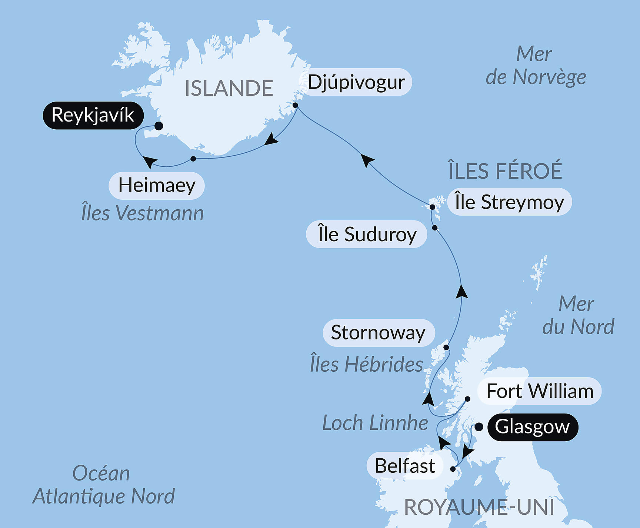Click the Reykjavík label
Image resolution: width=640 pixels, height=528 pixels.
[x=93, y=115]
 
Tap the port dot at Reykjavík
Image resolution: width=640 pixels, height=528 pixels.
[x=159, y=126]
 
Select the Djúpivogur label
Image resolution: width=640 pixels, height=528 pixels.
[x=356, y=82]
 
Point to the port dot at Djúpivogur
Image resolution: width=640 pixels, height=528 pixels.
[x=295, y=105]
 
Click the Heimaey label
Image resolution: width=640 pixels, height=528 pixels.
[x=157, y=185]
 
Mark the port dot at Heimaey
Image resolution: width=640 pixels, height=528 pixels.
[x=193, y=159]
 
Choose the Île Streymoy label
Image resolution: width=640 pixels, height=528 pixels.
[x=509, y=202]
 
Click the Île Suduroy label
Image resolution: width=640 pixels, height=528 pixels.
[x=367, y=234]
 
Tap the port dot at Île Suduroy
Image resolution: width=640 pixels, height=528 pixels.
[x=435, y=228]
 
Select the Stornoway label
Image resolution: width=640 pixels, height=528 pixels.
[x=378, y=333]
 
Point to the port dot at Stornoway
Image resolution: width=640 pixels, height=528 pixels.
[x=446, y=348]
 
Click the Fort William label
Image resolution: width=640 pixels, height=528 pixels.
[x=540, y=391]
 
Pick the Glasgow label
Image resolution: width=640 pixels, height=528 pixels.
[x=532, y=427]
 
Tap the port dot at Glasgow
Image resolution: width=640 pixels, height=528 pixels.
[x=479, y=427]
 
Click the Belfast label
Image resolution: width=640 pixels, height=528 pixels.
[x=405, y=466]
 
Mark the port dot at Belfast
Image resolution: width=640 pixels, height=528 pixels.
[x=453, y=469]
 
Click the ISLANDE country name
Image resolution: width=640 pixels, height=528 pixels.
[x=229, y=89]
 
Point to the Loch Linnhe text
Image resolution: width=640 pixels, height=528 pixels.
[x=375, y=423]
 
